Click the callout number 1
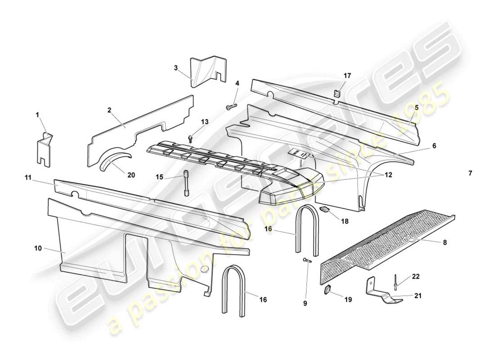tap(38, 115)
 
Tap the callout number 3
tap(176, 68)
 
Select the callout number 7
tap(470, 173)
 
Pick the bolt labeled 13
tap(191, 138)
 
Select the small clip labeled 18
tap(325, 209)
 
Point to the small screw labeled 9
tap(306, 260)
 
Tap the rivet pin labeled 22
tap(395, 282)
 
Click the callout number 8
tap(445, 242)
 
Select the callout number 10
tap(38, 248)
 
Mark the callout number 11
tap(28, 179)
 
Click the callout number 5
tap(416, 108)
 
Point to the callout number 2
tap(109, 110)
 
